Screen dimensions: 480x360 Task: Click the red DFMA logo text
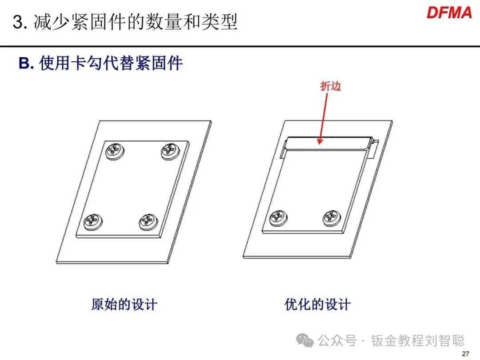click(x=449, y=13)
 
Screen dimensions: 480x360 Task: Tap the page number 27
click(x=465, y=354)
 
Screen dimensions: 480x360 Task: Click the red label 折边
click(x=331, y=86)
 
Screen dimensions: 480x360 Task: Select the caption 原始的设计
click(x=124, y=304)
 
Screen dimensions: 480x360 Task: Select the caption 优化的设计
click(x=317, y=304)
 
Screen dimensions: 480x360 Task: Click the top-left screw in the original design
click(x=116, y=151)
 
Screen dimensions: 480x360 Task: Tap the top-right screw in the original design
click(x=169, y=151)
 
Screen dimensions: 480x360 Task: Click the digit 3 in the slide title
click(x=18, y=22)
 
